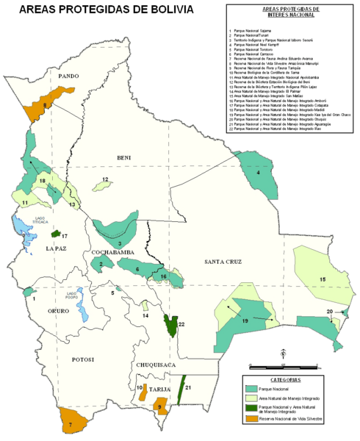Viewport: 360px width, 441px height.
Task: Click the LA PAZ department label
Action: click(x=57, y=249)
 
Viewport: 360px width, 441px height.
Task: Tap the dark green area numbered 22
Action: click(x=171, y=324)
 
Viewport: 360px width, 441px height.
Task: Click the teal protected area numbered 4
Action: click(x=253, y=171)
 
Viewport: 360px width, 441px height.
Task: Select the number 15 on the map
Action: click(x=323, y=280)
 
